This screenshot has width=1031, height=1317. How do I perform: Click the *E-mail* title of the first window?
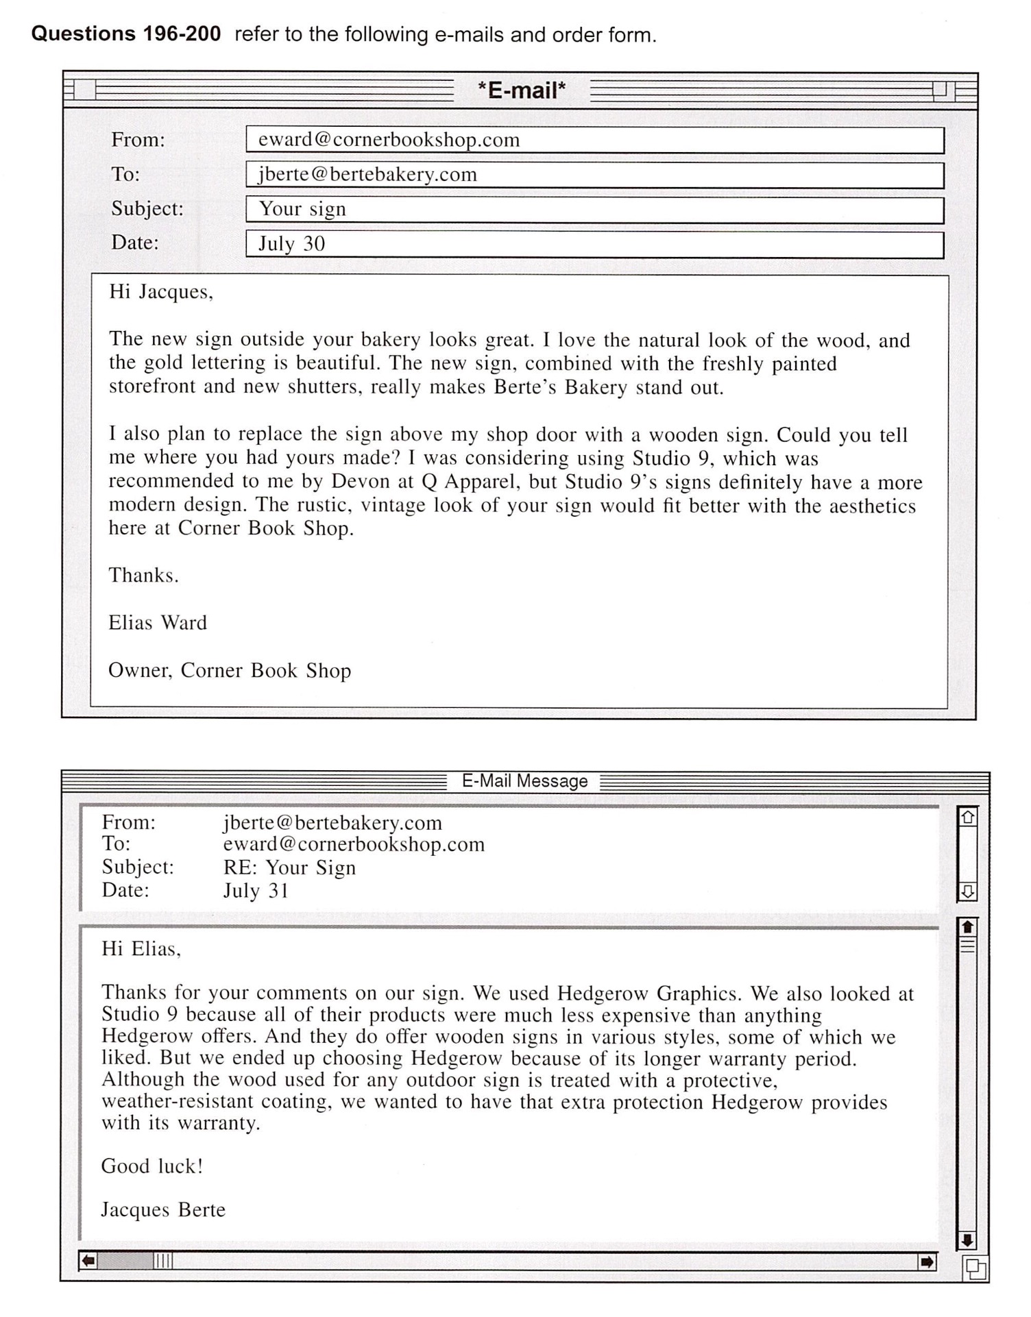point(522,90)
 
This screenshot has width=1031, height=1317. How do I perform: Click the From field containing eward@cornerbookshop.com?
point(594,140)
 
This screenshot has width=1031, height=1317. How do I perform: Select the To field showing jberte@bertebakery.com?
point(594,175)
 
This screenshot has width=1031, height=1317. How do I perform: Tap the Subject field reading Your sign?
point(594,210)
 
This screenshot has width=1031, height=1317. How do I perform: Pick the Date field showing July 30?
point(594,245)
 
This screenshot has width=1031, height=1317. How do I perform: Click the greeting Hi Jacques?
point(161,292)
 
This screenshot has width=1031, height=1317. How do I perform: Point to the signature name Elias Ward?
point(158,623)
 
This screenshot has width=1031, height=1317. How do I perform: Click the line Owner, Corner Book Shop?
point(230,670)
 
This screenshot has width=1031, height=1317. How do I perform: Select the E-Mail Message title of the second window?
point(524,781)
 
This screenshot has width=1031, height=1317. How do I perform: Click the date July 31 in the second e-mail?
point(256,891)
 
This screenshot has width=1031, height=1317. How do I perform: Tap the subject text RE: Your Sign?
point(289,867)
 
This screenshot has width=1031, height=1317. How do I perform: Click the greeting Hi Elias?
point(141,949)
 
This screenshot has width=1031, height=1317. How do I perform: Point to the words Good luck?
point(152,1166)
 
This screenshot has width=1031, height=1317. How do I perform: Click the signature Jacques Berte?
point(163,1210)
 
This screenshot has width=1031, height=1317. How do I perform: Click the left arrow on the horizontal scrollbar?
point(88,1261)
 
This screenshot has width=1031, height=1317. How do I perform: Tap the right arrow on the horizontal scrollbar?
point(926,1261)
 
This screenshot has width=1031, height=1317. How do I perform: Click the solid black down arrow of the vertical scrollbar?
point(967,1240)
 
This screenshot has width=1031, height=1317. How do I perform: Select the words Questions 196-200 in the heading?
point(126,34)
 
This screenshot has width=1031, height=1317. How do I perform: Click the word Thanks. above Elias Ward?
point(143,576)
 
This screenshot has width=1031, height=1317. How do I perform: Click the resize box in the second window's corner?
point(975,1269)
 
